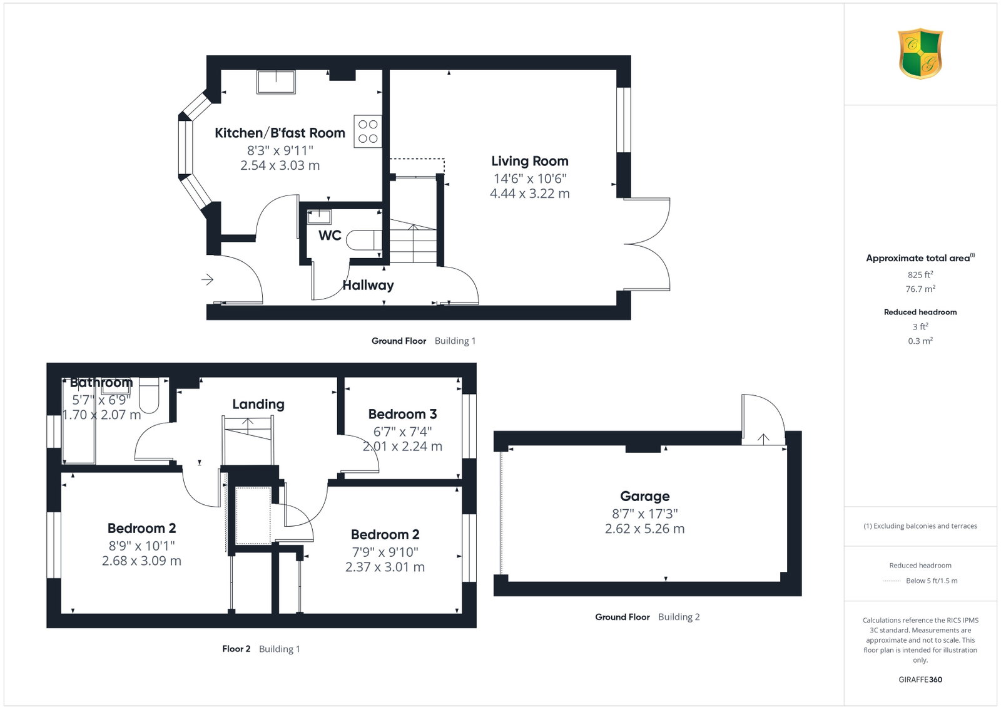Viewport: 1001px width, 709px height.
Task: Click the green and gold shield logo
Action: [x=920, y=54]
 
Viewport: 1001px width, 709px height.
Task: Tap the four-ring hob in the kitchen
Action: [x=368, y=132]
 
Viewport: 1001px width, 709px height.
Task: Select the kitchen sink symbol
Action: [x=276, y=82]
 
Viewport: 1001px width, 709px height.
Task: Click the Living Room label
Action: [x=529, y=161]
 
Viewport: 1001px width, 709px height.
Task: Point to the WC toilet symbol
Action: [x=363, y=240]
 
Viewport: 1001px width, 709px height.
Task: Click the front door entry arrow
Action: [x=207, y=280]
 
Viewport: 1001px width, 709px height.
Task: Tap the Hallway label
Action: [x=368, y=286]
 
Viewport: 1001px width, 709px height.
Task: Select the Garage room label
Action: [x=644, y=496]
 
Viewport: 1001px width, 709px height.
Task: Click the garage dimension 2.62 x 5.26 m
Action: [x=644, y=529]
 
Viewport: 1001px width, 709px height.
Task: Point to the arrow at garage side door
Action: [x=763, y=439]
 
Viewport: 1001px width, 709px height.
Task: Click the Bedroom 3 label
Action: [x=402, y=414]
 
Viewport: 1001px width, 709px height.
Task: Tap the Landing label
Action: [x=258, y=405]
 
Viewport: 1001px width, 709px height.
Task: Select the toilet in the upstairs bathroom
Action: [x=149, y=395]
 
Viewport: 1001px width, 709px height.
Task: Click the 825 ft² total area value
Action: [x=920, y=275]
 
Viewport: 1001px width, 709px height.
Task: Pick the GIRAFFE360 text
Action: [x=920, y=680]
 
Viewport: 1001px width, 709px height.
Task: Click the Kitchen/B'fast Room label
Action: [x=280, y=133]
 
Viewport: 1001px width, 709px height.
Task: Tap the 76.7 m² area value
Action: [x=920, y=289]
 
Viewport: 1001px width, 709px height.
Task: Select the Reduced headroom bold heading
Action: [x=920, y=313]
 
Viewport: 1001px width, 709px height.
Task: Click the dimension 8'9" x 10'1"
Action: [x=141, y=546]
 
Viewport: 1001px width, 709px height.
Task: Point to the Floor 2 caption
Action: [x=236, y=649]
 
